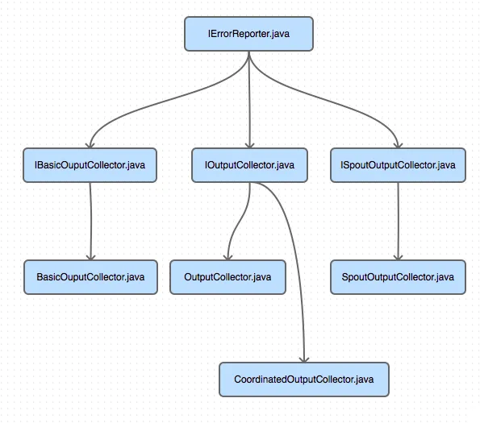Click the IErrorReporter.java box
click(x=248, y=34)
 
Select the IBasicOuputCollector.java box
click(x=90, y=165)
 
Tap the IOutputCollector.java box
click(x=249, y=165)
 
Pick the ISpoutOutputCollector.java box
click(x=398, y=165)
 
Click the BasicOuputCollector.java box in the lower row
click(x=90, y=277)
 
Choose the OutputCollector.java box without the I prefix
click(x=227, y=277)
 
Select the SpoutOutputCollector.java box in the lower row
click(x=398, y=277)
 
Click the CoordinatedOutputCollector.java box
click(x=304, y=379)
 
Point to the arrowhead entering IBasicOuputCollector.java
click(x=90, y=145)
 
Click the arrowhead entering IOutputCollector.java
click(x=250, y=145)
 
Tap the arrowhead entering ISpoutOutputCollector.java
click(x=398, y=145)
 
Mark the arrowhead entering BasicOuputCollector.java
click(x=90, y=257)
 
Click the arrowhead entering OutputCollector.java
click(x=227, y=257)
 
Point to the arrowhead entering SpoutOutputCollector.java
click(x=398, y=257)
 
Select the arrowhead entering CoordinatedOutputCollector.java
click(x=304, y=359)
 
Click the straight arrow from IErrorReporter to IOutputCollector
click(x=249, y=100)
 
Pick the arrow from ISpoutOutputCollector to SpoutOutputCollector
click(x=398, y=222)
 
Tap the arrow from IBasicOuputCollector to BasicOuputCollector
click(x=90, y=222)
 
